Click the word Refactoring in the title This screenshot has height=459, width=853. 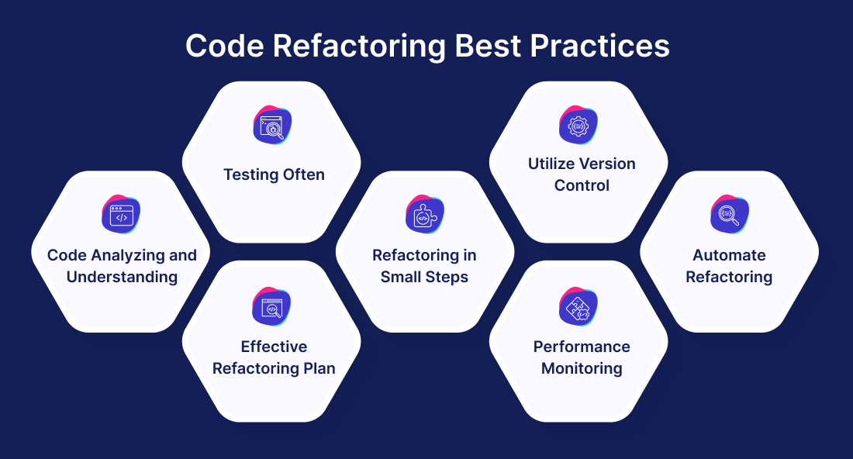point(359,47)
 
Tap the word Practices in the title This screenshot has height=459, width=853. point(599,46)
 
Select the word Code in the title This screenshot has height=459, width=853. point(225,46)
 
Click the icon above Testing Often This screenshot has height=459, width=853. point(272,125)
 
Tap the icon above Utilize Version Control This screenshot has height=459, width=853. point(578,125)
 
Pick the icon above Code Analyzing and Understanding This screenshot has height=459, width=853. point(121,214)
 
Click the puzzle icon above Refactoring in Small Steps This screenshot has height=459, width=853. point(425,214)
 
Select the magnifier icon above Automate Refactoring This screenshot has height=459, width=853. point(730,214)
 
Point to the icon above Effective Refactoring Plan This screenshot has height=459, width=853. point(271,307)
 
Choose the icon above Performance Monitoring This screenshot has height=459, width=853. point(578,307)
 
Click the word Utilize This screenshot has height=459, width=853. point(551,164)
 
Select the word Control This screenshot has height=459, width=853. point(582,185)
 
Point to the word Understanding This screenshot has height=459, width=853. point(122,278)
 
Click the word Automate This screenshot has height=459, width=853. point(729,255)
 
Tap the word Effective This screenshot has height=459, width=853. point(274,347)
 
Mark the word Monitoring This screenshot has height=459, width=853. point(582,369)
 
